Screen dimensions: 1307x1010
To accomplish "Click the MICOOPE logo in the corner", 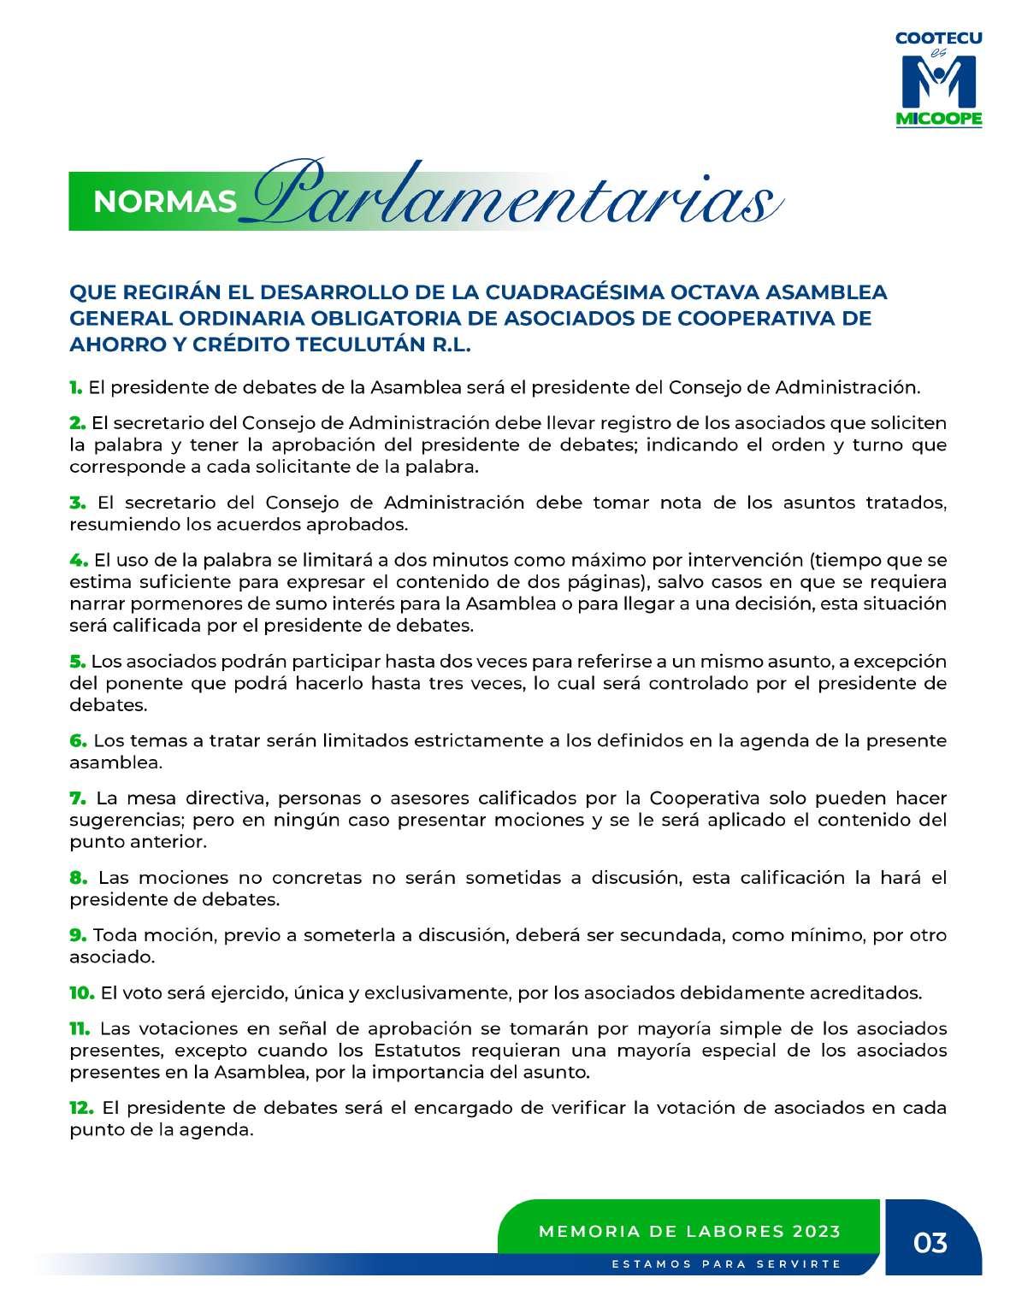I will coord(938,79).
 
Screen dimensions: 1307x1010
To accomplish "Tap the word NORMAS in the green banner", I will coord(164,201).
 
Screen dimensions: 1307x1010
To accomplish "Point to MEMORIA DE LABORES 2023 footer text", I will coord(689,1232).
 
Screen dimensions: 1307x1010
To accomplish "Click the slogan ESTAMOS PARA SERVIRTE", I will coord(726,1263).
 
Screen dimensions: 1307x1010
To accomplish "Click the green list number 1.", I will coord(75,387).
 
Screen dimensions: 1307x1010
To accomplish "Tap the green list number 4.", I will coord(78,560).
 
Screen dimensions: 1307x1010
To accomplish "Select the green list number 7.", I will coord(78,798).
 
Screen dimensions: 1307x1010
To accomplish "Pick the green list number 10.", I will coord(81,992).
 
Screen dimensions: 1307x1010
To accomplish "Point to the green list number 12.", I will coord(81,1108).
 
